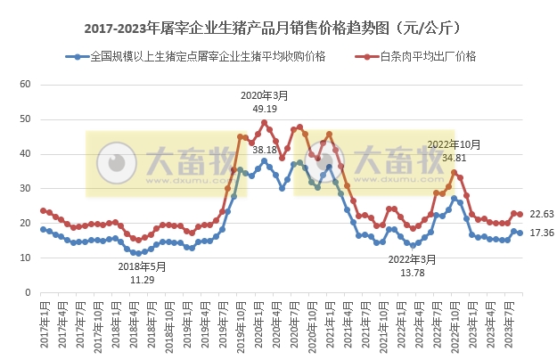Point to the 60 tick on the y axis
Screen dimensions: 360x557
[26, 85]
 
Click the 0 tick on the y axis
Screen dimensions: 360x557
[29, 293]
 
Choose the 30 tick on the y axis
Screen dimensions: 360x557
[26, 189]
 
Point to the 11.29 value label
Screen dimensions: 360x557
[143, 279]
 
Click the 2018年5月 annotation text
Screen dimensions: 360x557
[143, 266]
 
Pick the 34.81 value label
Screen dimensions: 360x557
[455, 158]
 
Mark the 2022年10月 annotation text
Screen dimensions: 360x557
[455, 144]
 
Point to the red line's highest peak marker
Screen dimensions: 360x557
[264, 123]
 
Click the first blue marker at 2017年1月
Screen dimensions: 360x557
[43, 229]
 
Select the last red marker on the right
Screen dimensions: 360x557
[520, 214]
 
